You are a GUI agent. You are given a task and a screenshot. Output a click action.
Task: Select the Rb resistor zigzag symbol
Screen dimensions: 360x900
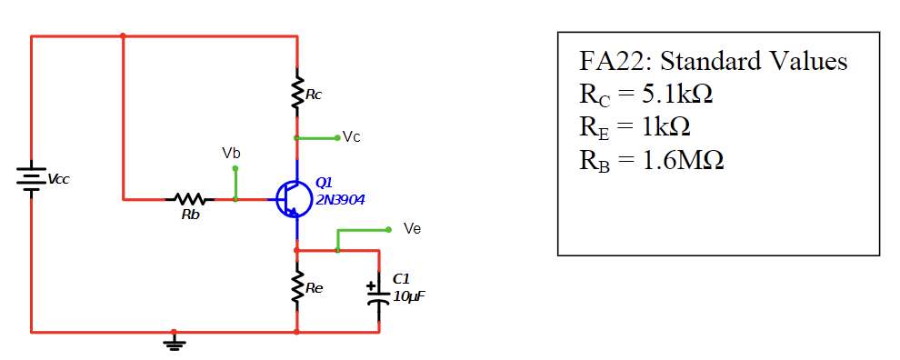pos(189,198)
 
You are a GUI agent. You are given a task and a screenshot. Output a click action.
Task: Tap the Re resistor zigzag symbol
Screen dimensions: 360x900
pos(296,289)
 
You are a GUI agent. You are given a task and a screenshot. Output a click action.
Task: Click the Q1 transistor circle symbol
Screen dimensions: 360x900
pos(293,199)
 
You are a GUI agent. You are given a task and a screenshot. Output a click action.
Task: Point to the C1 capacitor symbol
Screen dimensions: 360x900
pos(379,296)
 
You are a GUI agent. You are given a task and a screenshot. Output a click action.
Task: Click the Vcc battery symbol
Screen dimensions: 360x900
pos(32,179)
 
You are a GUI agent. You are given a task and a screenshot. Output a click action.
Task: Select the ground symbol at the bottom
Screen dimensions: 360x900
pos(175,343)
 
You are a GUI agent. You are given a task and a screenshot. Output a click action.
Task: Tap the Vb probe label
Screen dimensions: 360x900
pos(232,152)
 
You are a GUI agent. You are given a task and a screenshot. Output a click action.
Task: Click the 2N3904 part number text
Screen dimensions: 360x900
pos(340,199)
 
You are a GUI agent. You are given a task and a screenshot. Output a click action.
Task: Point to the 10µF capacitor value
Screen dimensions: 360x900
pos(408,296)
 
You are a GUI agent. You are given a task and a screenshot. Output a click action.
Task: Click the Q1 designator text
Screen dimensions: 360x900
pos(325,184)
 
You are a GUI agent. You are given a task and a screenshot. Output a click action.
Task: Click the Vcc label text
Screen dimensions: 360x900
pos(59,179)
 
